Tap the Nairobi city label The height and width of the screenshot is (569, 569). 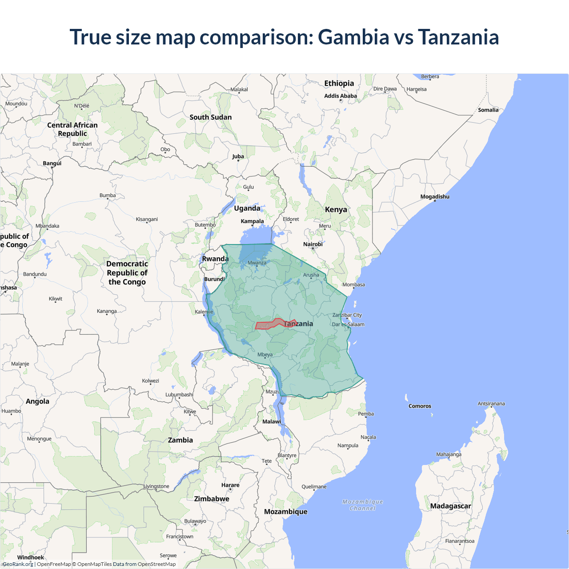pos(313,244)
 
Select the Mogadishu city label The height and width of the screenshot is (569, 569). pos(435,196)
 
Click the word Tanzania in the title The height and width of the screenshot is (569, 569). pos(458,37)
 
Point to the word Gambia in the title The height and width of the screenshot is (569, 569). pos(353,37)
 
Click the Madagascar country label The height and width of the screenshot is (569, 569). pos(450,506)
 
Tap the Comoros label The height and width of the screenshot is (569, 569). pos(420,406)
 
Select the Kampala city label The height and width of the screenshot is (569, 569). pos(252,221)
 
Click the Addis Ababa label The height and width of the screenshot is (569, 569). pos(341,96)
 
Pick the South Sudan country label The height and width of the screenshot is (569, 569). pos(210,117)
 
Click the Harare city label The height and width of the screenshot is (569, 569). pos(230,485)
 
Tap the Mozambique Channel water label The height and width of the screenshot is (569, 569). pos(362,505)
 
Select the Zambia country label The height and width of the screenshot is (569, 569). pos(180,440)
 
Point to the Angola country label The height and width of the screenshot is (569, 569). pos(37,401)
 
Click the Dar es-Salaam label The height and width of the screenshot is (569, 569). pos(348,324)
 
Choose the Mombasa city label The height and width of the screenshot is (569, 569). pos(353,284)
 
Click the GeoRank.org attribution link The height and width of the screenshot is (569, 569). pos(18,564)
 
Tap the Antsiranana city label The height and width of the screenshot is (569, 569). pos(491,404)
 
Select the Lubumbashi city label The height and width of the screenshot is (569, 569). pos(179,394)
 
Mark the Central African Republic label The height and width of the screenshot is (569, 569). pos(72,129)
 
